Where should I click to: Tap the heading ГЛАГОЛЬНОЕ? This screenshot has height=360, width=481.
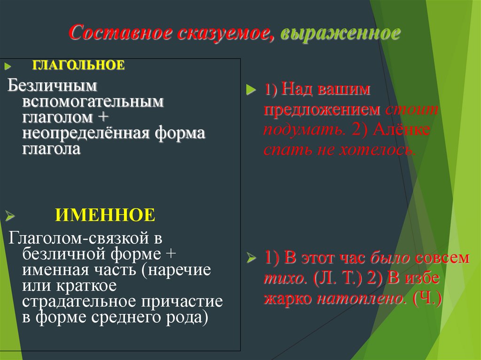tap(78, 65)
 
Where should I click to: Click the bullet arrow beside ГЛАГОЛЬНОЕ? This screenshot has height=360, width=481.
tap(8, 66)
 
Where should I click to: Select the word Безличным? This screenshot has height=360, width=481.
tap(52, 86)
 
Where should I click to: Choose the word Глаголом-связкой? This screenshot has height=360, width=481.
tap(78, 238)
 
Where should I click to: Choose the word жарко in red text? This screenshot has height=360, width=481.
tap(288, 299)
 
